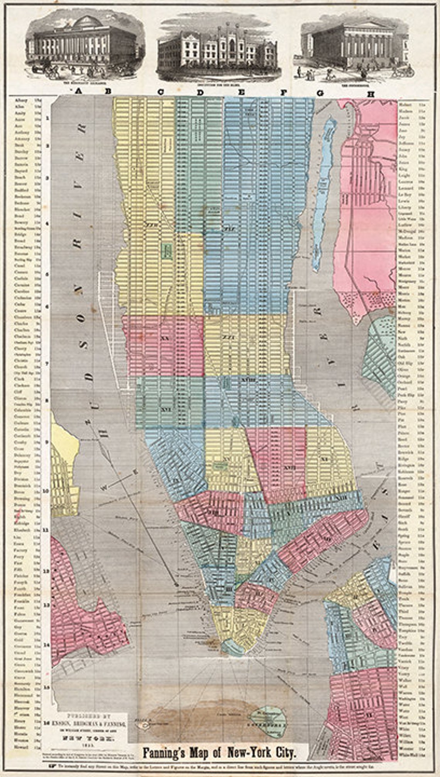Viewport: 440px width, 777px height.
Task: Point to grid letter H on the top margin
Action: (371, 93)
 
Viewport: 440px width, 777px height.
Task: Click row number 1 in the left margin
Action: (46, 118)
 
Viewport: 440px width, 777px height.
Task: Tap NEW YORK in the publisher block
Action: (83, 738)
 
